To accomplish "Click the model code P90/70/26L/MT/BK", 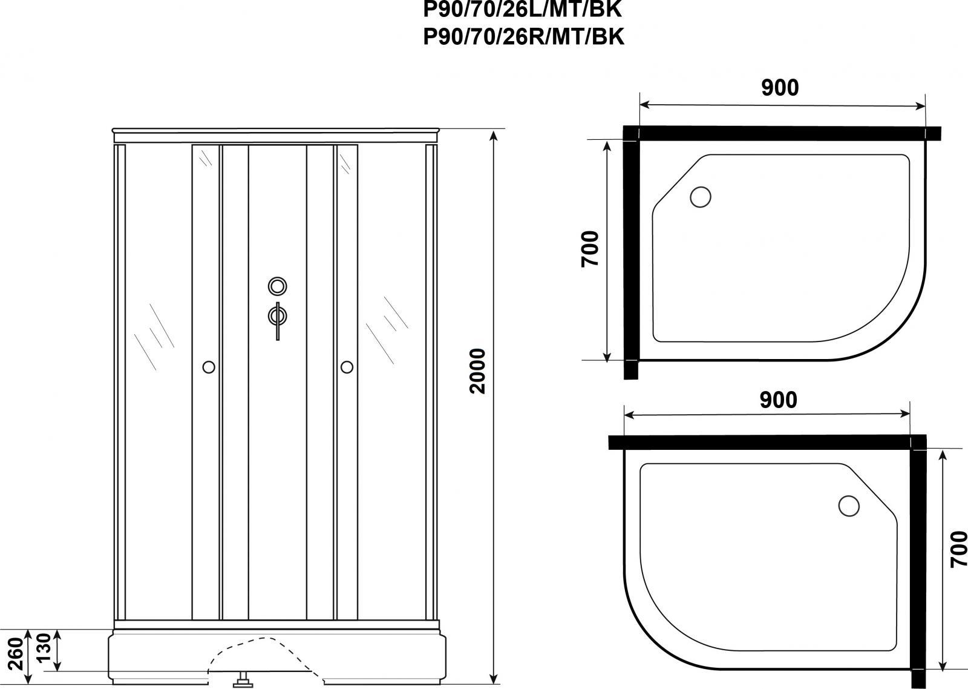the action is pos(523,10).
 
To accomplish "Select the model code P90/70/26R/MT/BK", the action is pos(523,37).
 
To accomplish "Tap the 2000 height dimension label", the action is pos(477,371).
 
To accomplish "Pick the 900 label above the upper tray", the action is pos(780,88).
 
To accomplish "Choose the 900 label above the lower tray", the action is pos(778,400).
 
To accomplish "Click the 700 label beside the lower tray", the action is pos(958,549).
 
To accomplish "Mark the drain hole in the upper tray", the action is pos(701,197).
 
